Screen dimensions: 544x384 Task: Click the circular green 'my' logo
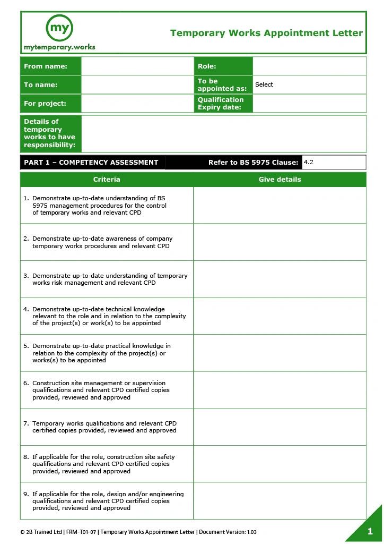point(59,28)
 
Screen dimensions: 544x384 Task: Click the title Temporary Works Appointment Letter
point(266,33)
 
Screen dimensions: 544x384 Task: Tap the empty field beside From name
point(137,66)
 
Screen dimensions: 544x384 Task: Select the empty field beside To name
point(137,85)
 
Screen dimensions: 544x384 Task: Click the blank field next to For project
point(137,103)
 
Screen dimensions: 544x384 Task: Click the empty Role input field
point(309,66)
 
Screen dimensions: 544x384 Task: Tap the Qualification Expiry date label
point(221,104)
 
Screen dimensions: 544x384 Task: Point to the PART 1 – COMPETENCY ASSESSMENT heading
point(91,163)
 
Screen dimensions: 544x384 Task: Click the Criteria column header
point(107,180)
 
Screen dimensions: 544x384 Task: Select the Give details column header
point(280,180)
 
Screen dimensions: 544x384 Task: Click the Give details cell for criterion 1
point(280,206)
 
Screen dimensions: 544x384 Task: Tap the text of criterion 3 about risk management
point(109,279)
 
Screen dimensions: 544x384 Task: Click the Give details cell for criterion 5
point(280,353)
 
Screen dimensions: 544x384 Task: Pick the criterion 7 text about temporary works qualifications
point(104,427)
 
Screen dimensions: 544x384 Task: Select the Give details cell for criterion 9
point(280,501)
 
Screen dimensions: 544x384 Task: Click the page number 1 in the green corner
point(370,531)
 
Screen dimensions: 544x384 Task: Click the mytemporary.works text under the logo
point(59,47)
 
